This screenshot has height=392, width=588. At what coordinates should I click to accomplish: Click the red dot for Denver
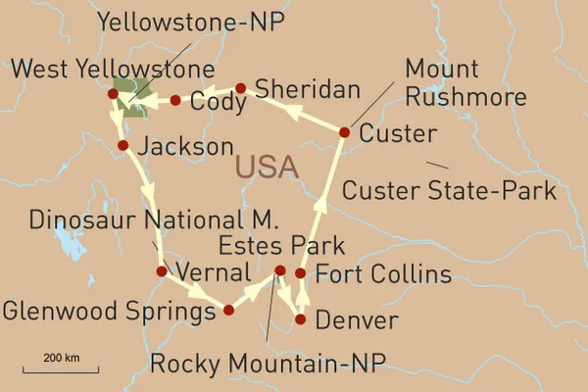pos(301,319)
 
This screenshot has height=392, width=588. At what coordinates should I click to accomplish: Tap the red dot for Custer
pos(344,132)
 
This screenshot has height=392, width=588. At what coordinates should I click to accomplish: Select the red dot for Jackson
pos(122,146)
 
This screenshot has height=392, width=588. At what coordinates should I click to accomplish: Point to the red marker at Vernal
pos(162,270)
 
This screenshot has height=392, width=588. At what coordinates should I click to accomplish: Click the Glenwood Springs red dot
pos(228,310)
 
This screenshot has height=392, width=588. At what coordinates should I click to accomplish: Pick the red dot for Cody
pos(175,100)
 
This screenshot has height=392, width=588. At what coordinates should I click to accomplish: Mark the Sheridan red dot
pos(240,88)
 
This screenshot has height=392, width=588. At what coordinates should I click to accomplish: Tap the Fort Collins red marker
pos(301,272)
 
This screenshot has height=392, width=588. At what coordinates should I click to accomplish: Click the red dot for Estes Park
pos(279,269)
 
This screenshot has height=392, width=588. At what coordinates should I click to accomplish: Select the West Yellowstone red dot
pos(113,94)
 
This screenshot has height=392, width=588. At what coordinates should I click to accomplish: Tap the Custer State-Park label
pos(450,190)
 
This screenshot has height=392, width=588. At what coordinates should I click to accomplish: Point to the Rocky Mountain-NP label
pos(269,365)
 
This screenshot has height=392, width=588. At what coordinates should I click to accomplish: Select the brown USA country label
pos(267,169)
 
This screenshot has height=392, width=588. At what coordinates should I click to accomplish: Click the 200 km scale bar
pos(61,369)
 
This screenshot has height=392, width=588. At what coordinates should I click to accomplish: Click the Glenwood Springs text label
pos(109,312)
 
